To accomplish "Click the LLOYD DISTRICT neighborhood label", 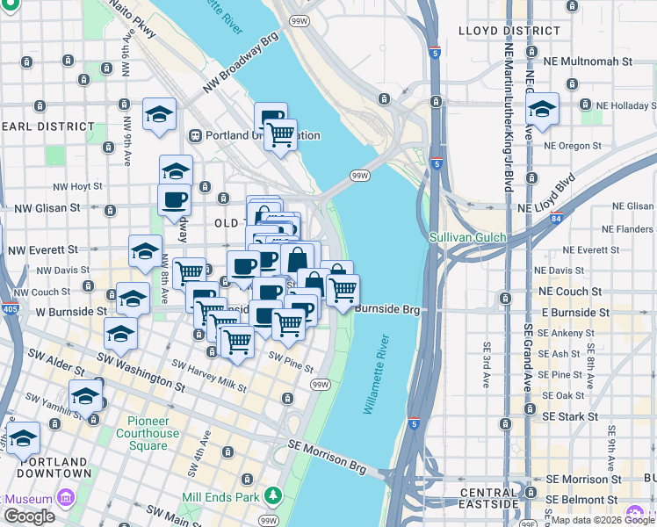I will pyautogui.click(x=509, y=31).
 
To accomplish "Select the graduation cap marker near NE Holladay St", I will pyautogui.click(x=542, y=111).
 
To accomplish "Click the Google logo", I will pyautogui.click(x=29, y=516).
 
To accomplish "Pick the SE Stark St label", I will pyautogui.click(x=572, y=415).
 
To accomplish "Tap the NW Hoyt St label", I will pyautogui.click(x=77, y=186).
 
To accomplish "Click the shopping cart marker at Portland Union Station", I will pyautogui.click(x=280, y=135).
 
